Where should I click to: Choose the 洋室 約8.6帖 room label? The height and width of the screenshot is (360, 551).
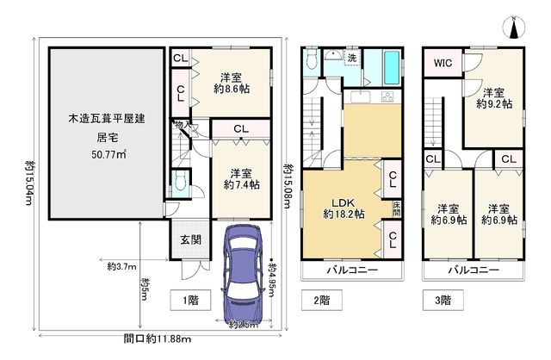232,81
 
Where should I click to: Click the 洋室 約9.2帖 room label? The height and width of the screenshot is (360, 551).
494,98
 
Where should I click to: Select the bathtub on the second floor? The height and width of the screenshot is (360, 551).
389,65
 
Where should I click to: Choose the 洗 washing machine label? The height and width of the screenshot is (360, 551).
352,58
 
